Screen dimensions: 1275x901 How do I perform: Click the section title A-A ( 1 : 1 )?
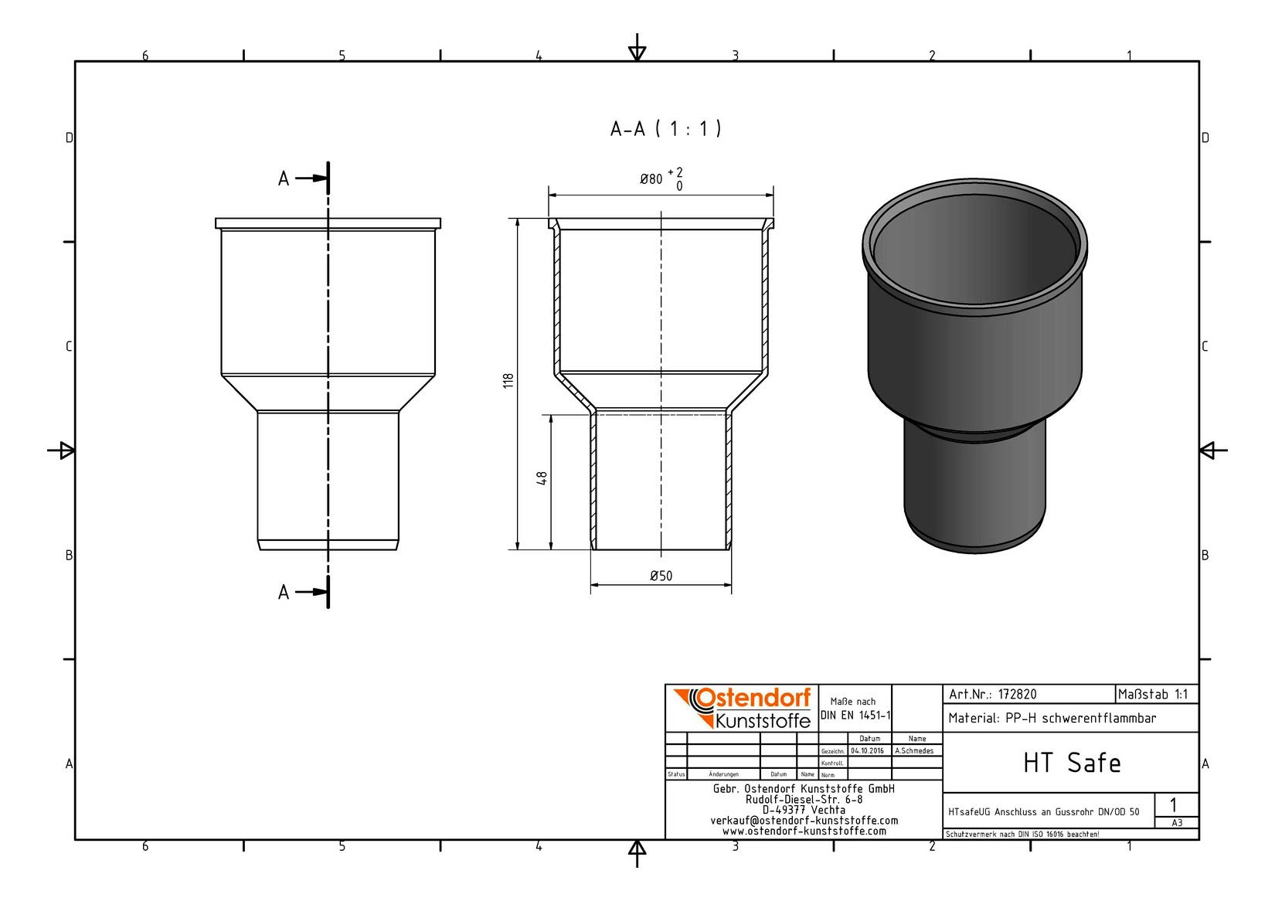point(665,129)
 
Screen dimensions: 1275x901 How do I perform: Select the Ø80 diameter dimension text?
point(651,179)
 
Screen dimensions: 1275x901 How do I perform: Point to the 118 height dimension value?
point(508,381)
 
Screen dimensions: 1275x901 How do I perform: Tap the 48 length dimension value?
point(542,478)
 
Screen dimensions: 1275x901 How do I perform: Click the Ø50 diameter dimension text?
point(661,576)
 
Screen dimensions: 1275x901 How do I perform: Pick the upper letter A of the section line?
point(284,178)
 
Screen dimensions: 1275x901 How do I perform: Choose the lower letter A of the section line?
point(284,593)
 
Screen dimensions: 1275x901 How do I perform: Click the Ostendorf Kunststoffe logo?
point(743,708)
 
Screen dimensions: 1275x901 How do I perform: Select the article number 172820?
point(1017,695)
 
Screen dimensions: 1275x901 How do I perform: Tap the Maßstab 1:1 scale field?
point(1153,695)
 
